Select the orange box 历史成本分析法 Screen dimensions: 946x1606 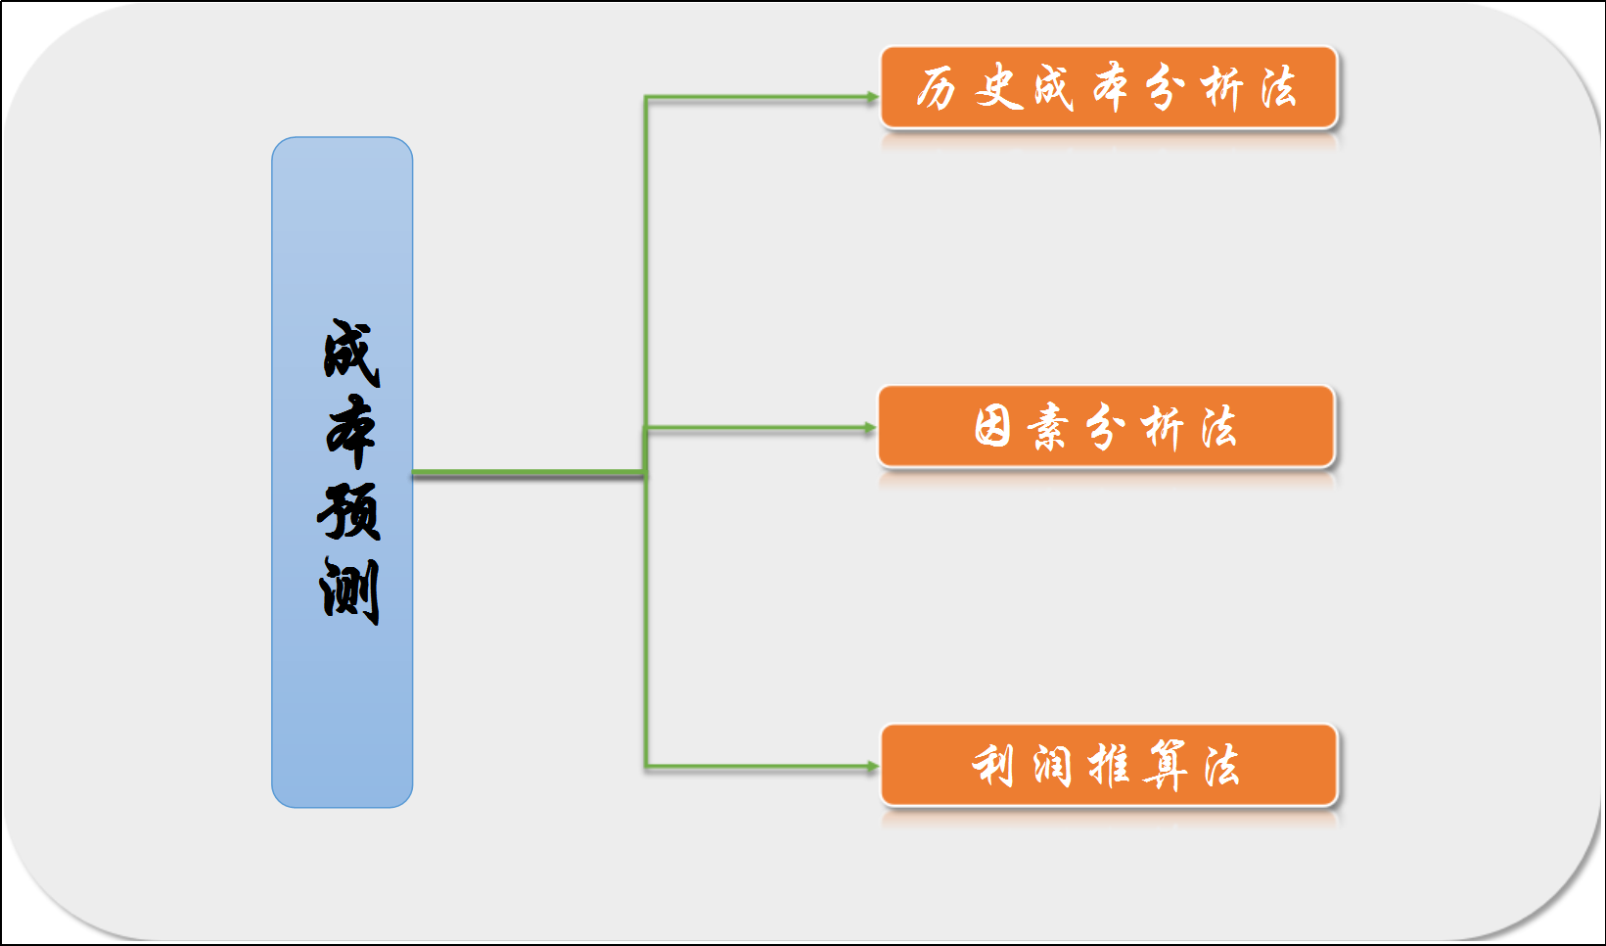(x=1108, y=88)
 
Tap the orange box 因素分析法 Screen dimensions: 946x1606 (x=1106, y=427)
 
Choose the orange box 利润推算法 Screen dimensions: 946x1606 (x=1108, y=766)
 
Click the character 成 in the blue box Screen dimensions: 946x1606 (x=350, y=352)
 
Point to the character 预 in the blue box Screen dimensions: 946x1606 (x=349, y=510)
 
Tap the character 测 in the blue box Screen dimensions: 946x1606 (x=349, y=591)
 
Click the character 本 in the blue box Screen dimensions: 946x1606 (x=350, y=431)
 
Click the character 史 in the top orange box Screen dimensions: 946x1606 (x=997, y=88)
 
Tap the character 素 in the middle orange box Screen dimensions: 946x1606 (x=1048, y=428)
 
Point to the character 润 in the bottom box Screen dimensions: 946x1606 (x=1052, y=766)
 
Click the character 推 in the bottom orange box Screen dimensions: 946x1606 (x=1109, y=766)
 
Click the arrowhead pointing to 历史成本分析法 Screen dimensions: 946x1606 (x=872, y=97)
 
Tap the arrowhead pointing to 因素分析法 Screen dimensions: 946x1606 (x=869, y=428)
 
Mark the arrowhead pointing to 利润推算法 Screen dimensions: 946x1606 (x=872, y=767)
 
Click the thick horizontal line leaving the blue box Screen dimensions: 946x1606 (x=528, y=474)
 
